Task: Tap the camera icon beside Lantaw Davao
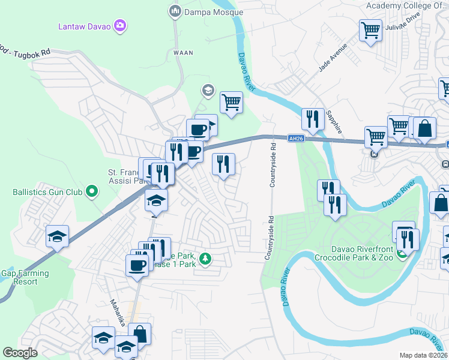point(120,25)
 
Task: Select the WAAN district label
point(184,53)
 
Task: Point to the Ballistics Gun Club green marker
point(91,192)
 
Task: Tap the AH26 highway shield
point(292,138)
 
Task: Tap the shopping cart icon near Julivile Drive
point(371,29)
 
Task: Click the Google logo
point(20,353)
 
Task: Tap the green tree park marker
point(205,259)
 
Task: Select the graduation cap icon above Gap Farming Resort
point(58,236)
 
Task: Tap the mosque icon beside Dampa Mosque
point(175,11)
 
